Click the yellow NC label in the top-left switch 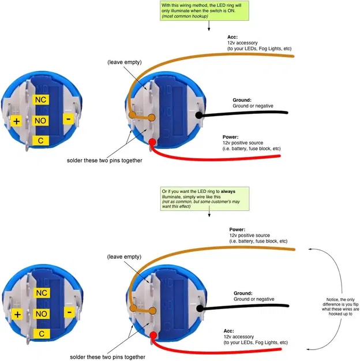(x=41, y=100)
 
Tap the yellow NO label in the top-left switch (x=41, y=121)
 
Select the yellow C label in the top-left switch (x=41, y=140)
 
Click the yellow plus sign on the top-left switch (x=17, y=121)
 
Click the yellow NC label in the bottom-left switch (x=41, y=293)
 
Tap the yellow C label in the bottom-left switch (x=41, y=334)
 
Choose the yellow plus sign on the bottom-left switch (x=17, y=314)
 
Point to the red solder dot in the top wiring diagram (x=152, y=143)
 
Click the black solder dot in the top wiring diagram (x=200, y=115)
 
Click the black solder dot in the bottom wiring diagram (x=200, y=308)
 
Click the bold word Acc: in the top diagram (x=232, y=37)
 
